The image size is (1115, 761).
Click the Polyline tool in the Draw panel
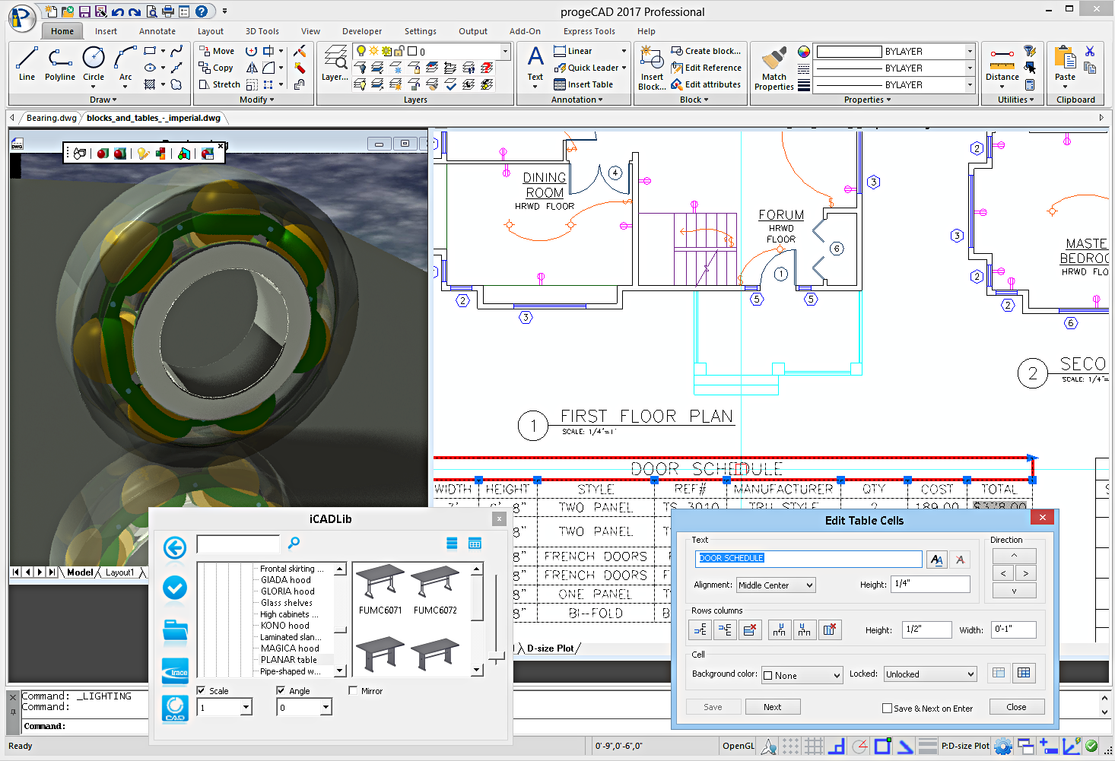tap(59, 65)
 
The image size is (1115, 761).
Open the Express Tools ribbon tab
tap(589, 31)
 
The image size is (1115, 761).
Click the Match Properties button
tap(774, 68)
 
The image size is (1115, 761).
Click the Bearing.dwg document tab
tap(51, 118)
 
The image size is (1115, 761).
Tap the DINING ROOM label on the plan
tap(545, 185)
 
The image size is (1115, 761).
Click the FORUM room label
tap(780, 215)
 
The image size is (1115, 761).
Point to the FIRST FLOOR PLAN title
tap(646, 417)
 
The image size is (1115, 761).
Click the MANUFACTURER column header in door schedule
tap(783, 490)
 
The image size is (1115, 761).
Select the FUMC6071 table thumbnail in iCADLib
tap(380, 590)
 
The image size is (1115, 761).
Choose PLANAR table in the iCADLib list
tap(289, 660)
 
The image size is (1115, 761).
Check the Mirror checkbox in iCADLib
tap(353, 691)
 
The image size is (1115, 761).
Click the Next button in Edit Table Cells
tap(772, 707)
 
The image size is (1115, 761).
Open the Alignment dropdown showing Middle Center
tap(776, 585)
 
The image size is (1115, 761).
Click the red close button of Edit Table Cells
tap(1042, 518)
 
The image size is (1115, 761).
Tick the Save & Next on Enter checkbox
tap(887, 709)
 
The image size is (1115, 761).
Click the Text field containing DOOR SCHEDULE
tap(808, 559)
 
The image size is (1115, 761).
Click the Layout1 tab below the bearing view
tap(119, 572)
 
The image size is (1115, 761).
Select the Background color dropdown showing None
tap(802, 675)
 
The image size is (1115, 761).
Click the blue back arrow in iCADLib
tap(175, 547)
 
